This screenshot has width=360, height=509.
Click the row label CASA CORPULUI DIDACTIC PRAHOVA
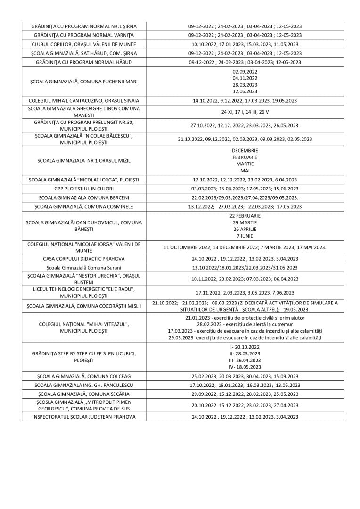[x=84, y=259]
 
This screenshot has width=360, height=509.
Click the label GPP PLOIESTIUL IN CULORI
[x=84, y=189]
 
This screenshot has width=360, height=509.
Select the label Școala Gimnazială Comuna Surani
[x=84, y=268]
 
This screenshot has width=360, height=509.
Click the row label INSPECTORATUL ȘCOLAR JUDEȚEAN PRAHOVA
[x=84, y=417]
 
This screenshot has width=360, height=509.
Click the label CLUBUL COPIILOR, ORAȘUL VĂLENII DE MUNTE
[x=84, y=44]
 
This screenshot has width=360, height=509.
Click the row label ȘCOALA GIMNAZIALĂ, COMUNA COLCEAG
[x=84, y=376]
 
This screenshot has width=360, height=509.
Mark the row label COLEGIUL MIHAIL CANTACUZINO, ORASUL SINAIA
[x=84, y=101]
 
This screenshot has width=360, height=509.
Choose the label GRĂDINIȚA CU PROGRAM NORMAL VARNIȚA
[x=84, y=35]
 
